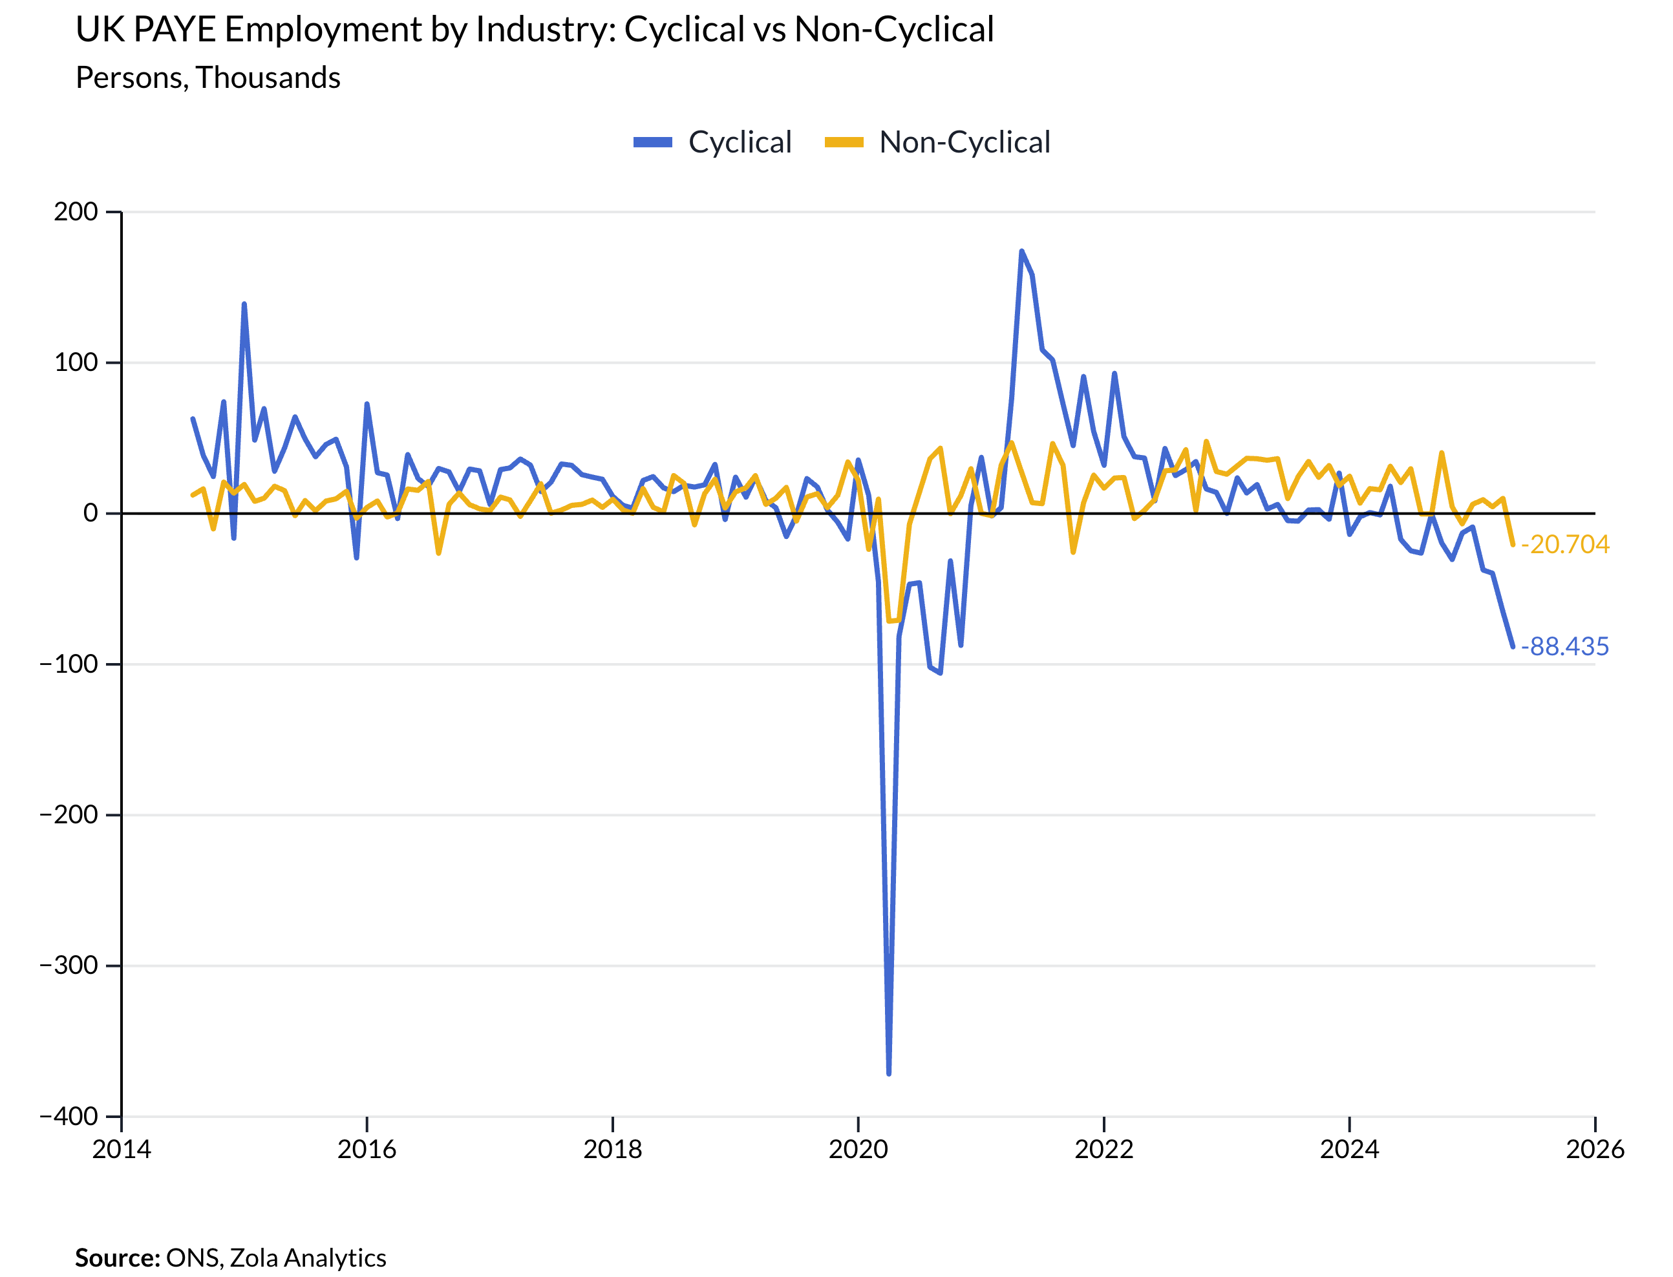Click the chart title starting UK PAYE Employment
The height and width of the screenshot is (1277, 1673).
[x=534, y=30]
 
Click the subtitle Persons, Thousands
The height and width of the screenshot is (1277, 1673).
[x=208, y=78]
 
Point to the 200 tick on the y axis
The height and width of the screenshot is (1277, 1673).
[x=76, y=211]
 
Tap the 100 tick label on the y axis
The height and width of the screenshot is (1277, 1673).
[x=76, y=362]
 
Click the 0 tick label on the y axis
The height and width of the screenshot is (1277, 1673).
[x=91, y=513]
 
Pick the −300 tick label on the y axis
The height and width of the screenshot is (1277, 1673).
[x=69, y=966]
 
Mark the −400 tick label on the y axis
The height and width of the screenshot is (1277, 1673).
[x=69, y=1116]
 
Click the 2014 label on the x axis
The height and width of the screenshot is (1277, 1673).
[x=122, y=1149]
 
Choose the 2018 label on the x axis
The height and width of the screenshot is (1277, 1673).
[x=612, y=1149]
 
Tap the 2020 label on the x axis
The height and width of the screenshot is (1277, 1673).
[x=858, y=1149]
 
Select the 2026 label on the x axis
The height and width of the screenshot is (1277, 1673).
[x=1594, y=1149]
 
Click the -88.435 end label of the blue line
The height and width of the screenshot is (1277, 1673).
[x=1564, y=646]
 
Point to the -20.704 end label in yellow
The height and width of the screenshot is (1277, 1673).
[x=1564, y=544]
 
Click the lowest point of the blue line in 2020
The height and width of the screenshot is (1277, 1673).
[x=888, y=1073]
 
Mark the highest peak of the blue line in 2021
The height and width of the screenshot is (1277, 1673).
[x=1021, y=251]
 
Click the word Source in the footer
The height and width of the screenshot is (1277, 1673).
[x=116, y=1258]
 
